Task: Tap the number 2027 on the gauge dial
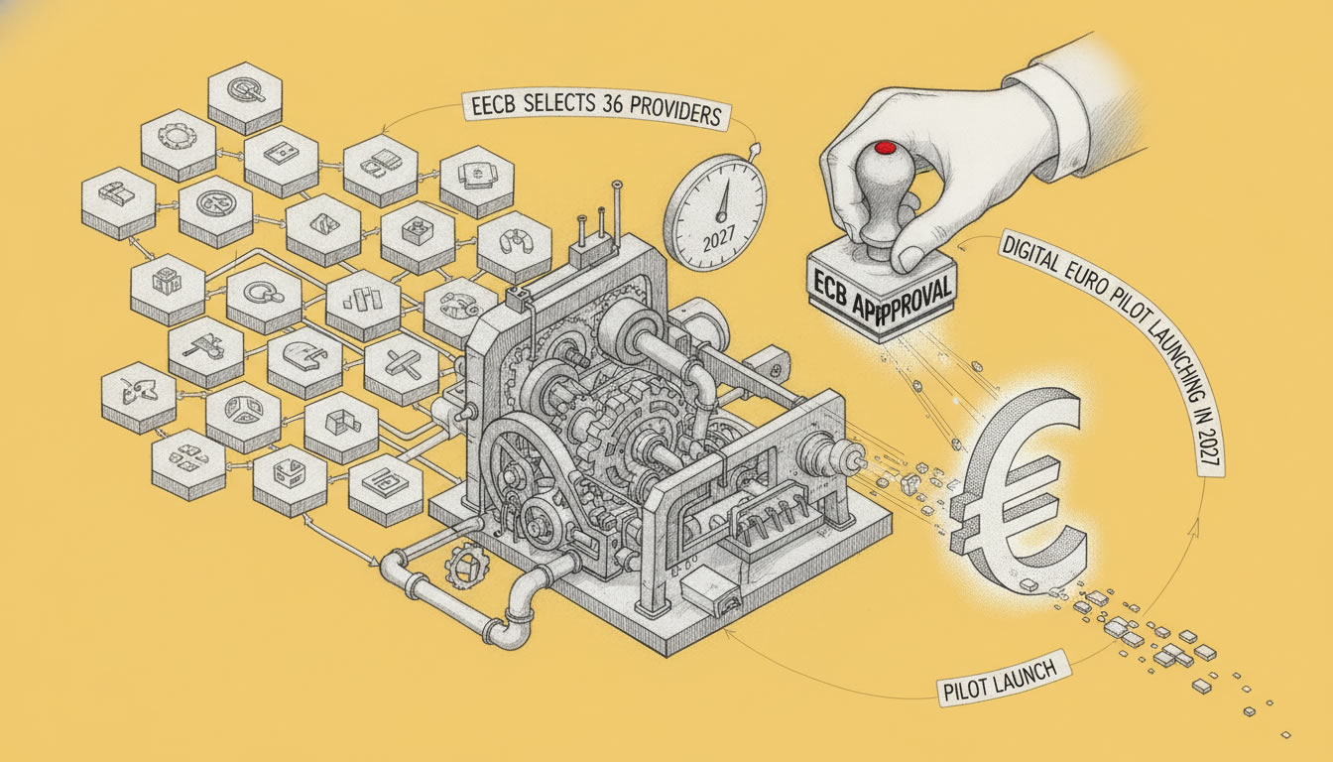click(x=718, y=240)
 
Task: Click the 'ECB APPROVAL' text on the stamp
click(x=882, y=296)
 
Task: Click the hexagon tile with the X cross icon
click(x=401, y=364)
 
